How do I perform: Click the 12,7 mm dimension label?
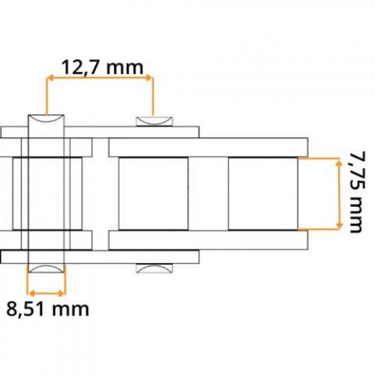tap(102, 67)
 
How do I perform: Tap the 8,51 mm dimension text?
tap(47, 309)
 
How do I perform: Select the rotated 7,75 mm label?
tap(358, 192)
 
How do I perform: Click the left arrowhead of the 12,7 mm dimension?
tap(50, 78)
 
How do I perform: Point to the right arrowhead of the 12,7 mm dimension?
tap(148, 77)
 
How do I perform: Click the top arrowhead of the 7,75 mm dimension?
tap(339, 163)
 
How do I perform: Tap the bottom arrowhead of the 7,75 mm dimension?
tap(339, 225)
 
